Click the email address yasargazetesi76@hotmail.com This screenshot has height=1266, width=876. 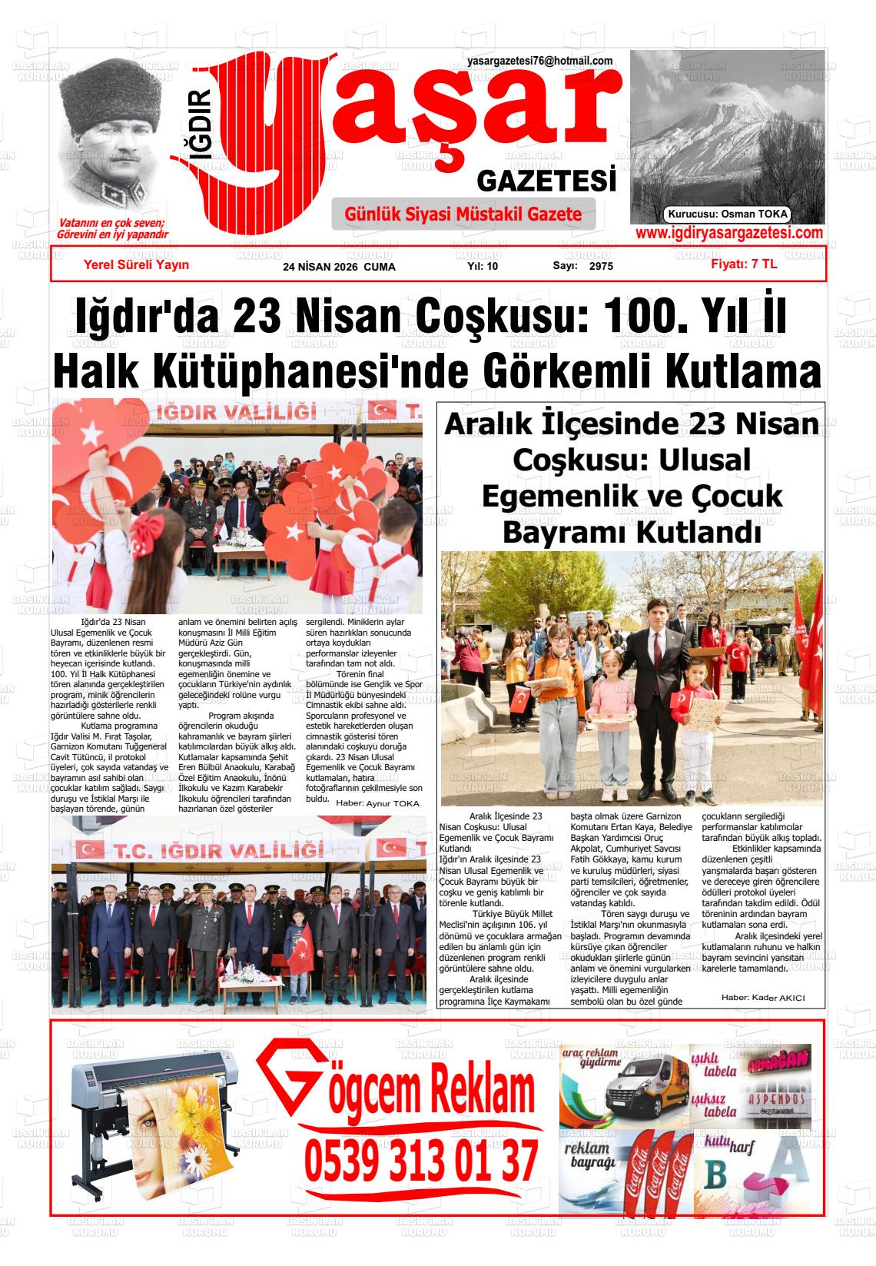click(x=539, y=61)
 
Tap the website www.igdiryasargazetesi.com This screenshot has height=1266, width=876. click(x=729, y=234)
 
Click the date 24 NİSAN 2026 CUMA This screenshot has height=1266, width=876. click(x=339, y=267)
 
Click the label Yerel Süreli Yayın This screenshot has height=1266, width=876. click(x=136, y=265)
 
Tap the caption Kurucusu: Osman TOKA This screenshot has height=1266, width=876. click(x=728, y=215)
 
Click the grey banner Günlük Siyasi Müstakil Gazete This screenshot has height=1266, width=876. click(x=463, y=214)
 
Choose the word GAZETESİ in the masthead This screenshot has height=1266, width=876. click(x=546, y=181)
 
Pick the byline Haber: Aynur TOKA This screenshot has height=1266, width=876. click(x=378, y=803)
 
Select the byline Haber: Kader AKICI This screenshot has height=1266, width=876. click(x=762, y=998)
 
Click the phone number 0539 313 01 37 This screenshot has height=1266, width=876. click(x=421, y=1161)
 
